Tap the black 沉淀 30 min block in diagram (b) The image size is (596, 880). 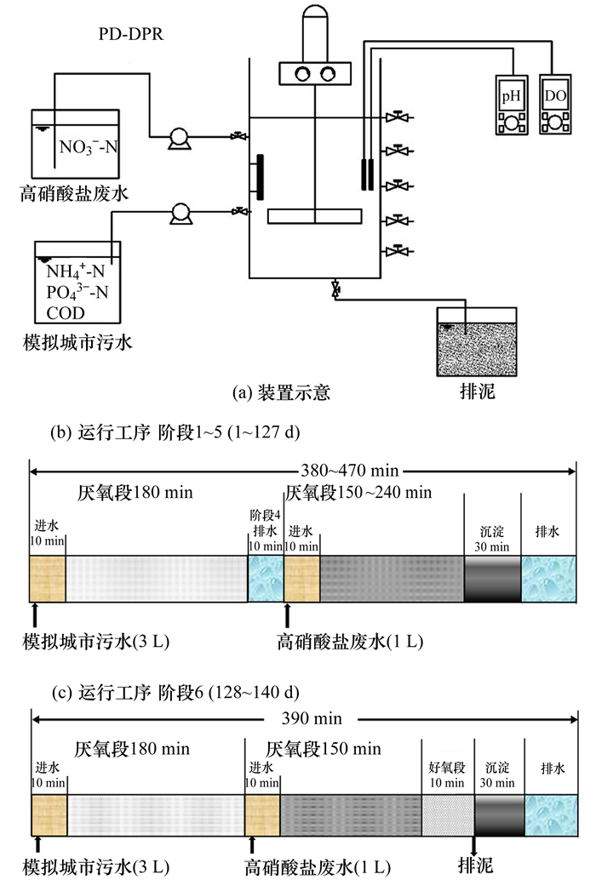coord(492,580)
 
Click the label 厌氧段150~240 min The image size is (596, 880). coord(358,492)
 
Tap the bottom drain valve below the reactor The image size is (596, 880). coord(335,290)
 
